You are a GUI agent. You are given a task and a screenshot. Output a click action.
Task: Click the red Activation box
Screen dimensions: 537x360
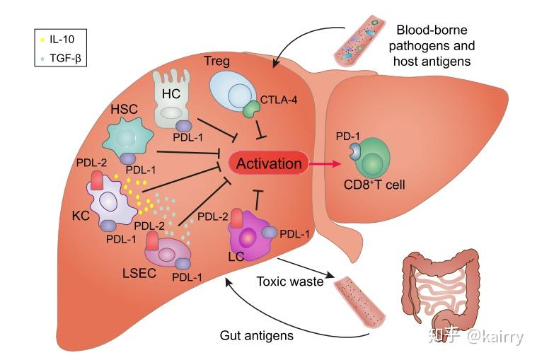[x=269, y=163]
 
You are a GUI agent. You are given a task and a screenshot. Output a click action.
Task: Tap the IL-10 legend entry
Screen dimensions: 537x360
[x=57, y=40]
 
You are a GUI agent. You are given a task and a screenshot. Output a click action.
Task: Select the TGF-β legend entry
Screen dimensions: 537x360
[x=61, y=58]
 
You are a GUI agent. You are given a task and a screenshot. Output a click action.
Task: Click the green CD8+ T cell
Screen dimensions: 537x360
[x=372, y=158]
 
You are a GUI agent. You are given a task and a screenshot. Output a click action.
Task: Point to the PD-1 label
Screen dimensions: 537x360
[x=347, y=137]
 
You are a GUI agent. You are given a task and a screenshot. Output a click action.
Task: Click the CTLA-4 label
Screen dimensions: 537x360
[x=279, y=100]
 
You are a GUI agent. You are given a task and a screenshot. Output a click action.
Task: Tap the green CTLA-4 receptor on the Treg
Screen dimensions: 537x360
[x=252, y=109]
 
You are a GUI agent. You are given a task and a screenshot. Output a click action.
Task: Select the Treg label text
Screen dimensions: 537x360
[x=216, y=61]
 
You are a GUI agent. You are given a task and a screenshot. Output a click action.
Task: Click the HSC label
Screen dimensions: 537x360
[x=124, y=109]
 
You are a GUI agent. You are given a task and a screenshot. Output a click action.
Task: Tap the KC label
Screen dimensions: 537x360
[x=81, y=215]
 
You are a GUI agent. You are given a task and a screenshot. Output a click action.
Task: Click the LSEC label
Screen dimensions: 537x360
[x=139, y=273]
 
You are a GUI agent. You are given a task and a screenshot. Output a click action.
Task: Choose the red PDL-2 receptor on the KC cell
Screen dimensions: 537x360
[x=97, y=180]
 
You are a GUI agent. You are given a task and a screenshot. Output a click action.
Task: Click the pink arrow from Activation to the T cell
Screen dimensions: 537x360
[x=325, y=164]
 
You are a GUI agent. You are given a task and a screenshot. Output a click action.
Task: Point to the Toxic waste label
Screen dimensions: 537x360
[x=290, y=281]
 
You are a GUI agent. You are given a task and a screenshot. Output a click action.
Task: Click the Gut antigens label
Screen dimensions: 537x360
[x=257, y=335]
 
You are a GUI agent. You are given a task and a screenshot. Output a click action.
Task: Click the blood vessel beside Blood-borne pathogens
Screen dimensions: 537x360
[x=359, y=41]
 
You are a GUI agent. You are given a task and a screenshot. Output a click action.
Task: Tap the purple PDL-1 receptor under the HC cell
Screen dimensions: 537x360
[x=183, y=126]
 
